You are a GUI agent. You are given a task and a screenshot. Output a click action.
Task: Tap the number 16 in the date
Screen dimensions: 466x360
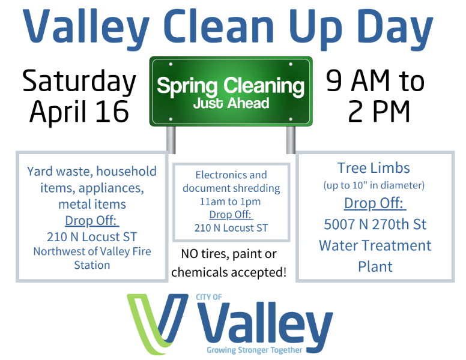pos(112,112)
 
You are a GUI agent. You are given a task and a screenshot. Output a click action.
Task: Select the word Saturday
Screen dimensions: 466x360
pos(79,82)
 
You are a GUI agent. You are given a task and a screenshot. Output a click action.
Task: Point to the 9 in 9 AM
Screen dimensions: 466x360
pos(334,80)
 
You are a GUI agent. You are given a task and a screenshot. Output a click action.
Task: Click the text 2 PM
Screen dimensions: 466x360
pos(379,111)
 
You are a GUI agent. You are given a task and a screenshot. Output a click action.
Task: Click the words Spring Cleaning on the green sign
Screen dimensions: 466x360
pos(231,86)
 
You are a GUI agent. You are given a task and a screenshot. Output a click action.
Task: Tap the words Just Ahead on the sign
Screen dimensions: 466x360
pos(231,103)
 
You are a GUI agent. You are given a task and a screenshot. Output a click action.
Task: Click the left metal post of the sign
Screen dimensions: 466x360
pos(171,140)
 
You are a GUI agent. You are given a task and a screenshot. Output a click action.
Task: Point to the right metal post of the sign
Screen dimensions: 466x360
pos(291,140)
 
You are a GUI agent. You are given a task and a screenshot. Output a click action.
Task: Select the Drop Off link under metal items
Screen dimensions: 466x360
pos(92,221)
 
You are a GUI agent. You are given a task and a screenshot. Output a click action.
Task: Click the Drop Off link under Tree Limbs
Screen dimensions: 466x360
pos(375,204)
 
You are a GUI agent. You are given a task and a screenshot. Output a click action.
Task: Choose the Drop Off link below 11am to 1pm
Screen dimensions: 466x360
pos(231,214)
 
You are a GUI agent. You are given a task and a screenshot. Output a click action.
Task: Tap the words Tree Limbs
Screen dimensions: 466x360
pos(374,168)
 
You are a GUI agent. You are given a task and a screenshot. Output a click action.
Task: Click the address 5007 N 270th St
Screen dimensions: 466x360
pos(375,224)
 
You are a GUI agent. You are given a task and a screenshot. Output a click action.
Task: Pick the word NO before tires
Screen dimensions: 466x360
pos(189,254)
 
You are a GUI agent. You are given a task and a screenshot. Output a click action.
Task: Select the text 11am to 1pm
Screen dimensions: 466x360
pos(231,202)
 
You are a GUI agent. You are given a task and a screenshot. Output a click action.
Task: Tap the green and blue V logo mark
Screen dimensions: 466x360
pos(157,324)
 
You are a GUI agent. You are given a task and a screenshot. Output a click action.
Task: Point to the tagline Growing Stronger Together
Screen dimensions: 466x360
pos(255,350)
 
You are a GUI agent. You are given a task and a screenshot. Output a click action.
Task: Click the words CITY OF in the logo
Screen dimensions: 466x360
pos(208,297)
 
